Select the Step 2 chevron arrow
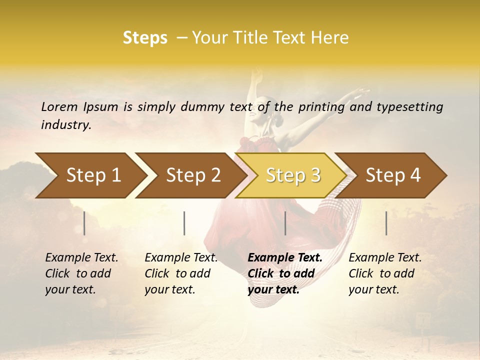point(193,175)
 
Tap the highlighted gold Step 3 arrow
point(293,175)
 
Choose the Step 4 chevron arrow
point(393,175)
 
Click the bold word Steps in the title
point(145,38)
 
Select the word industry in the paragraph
point(66,125)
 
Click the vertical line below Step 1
point(84,223)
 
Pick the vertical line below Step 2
point(184,223)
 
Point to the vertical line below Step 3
point(285,223)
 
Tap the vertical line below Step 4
point(386,223)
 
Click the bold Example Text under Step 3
point(285,257)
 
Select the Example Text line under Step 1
point(81,257)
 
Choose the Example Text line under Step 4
point(385,257)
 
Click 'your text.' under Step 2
point(169,289)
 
